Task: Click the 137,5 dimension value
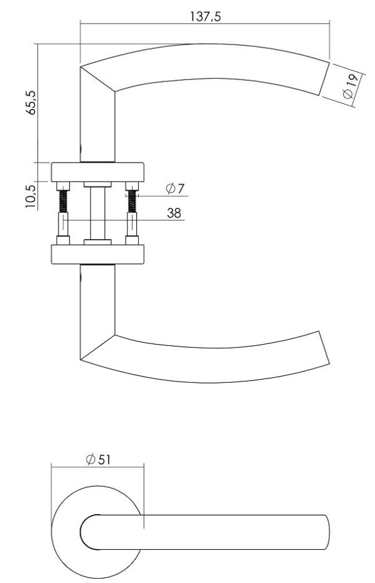tap(205, 16)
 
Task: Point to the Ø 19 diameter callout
tap(351, 86)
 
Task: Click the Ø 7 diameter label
tap(175, 188)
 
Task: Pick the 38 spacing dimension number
tap(174, 213)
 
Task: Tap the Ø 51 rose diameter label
tap(98, 460)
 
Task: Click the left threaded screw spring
tap(63, 201)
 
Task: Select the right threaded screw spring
tap(132, 201)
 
